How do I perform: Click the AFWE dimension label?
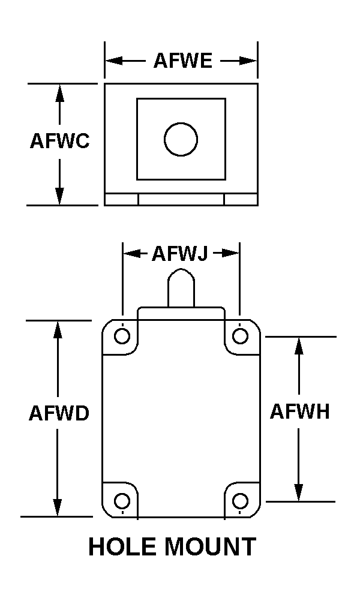pyautogui.click(x=183, y=61)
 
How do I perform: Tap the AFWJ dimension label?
pyautogui.click(x=179, y=254)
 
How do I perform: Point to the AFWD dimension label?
pyautogui.click(x=59, y=414)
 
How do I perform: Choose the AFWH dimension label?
pyautogui.click(x=299, y=412)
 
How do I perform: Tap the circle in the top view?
pyautogui.click(x=181, y=139)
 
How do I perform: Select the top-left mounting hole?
pyautogui.click(x=122, y=335)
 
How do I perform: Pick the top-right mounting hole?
pyautogui.click(x=240, y=335)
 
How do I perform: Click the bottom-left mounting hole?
pyautogui.click(x=122, y=500)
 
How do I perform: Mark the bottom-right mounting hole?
pyautogui.click(x=240, y=500)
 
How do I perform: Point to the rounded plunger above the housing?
pyautogui.click(x=181, y=288)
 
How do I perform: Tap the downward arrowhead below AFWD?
pyautogui.click(x=58, y=507)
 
